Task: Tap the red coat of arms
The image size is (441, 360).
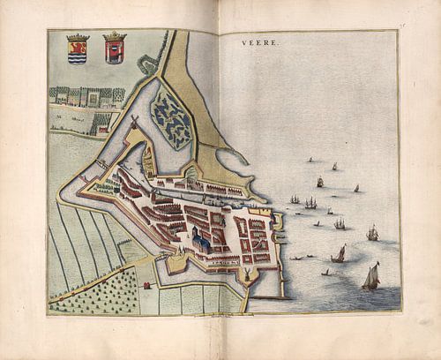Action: [114, 51]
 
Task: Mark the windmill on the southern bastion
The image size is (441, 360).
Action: [249, 275]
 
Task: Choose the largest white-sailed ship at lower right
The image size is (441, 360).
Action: [370, 277]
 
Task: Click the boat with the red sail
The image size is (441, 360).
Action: [339, 254]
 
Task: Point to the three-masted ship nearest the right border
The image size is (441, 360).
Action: [372, 234]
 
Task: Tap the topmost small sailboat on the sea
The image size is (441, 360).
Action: [334, 166]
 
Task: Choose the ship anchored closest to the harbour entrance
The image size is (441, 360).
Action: [294, 199]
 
